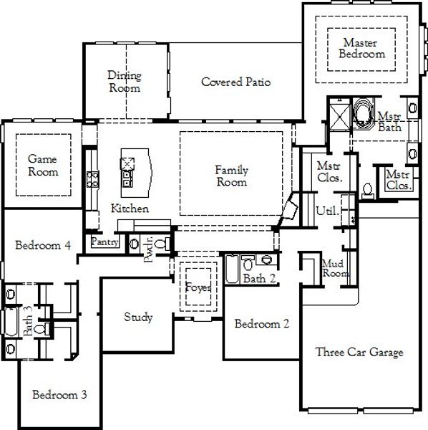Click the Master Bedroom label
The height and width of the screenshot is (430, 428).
coord(361,48)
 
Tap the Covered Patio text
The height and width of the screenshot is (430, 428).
coord(235,82)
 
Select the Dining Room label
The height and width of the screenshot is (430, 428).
coord(125,82)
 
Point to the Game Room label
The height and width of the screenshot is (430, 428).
coord(43,166)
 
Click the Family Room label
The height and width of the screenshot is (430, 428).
coord(232,176)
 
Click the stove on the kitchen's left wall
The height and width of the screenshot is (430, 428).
coord(92,178)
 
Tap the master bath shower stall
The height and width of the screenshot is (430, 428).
coord(337,115)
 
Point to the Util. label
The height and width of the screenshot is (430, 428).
coord(326,211)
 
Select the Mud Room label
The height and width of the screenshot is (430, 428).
coord(334,268)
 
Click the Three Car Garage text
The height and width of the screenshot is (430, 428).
coord(359,352)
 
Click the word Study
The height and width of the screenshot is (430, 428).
coord(137,317)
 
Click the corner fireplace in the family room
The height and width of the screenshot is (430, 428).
coord(290,208)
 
